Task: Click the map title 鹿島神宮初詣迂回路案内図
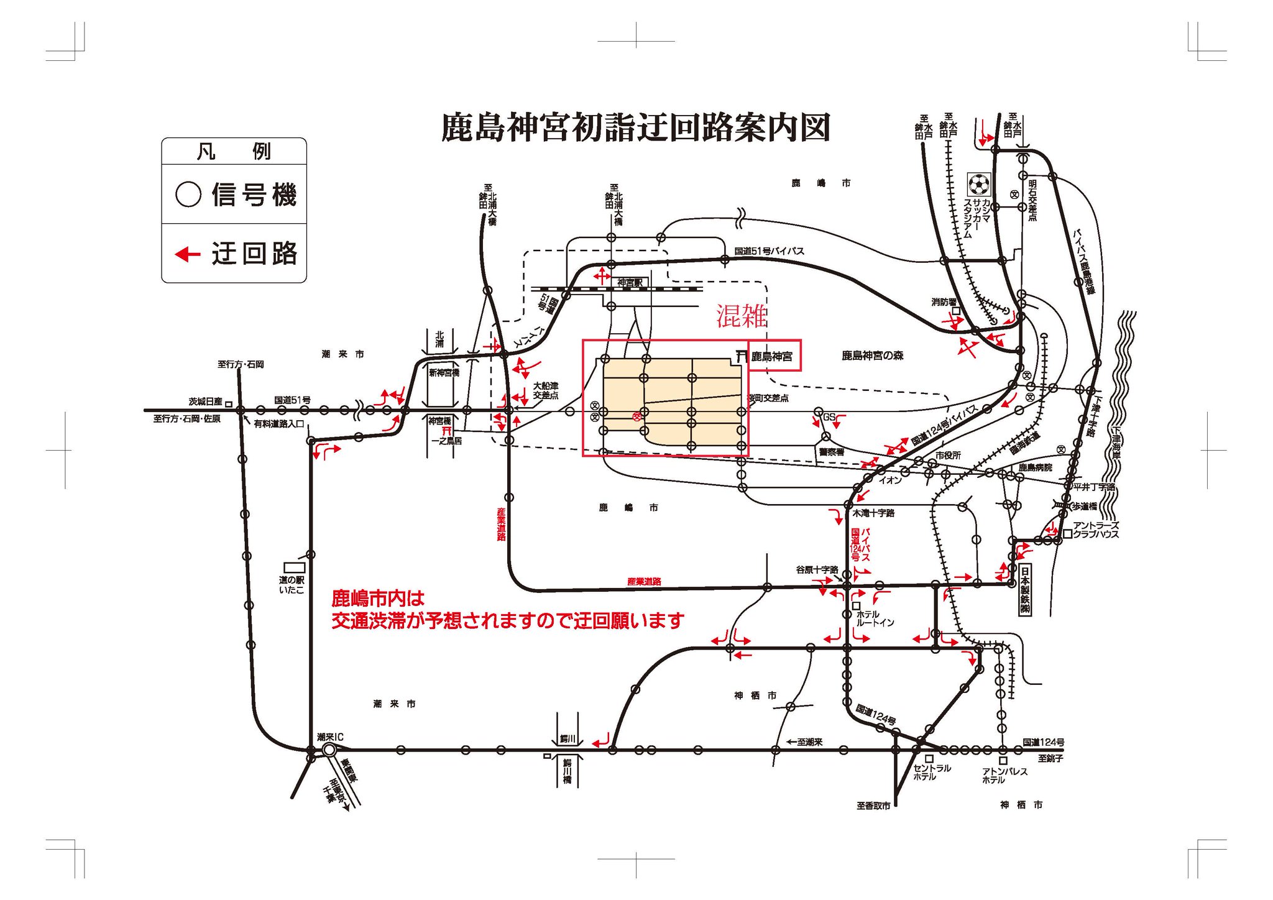click(x=635, y=128)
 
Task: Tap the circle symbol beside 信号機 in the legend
click(x=188, y=194)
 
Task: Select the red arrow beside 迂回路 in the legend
click(x=187, y=254)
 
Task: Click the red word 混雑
click(x=742, y=316)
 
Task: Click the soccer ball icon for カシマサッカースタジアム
click(x=978, y=185)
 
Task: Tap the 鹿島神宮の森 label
click(x=872, y=356)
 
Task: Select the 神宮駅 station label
click(x=630, y=283)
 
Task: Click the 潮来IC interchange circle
click(x=329, y=750)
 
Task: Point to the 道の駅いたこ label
click(x=292, y=585)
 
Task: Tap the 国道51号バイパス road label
click(x=769, y=251)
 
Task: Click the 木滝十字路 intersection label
click(x=873, y=513)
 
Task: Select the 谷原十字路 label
click(x=817, y=569)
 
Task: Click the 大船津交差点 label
click(x=545, y=390)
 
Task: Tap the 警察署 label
click(x=832, y=452)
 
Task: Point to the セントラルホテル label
click(x=931, y=772)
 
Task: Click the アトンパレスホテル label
click(x=1004, y=775)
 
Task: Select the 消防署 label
click(x=944, y=302)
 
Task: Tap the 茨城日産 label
click(x=205, y=402)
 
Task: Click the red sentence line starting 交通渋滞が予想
click(x=507, y=620)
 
